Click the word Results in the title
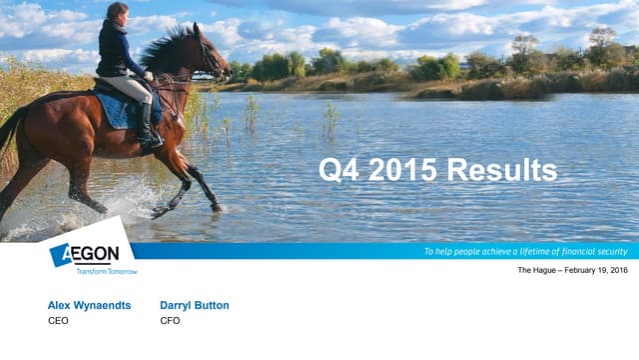point(501,170)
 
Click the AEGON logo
point(86,254)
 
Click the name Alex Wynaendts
point(89,305)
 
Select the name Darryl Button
point(194,305)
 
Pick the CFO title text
point(170,321)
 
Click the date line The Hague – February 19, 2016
point(572,271)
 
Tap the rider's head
point(117,14)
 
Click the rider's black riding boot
point(148,127)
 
